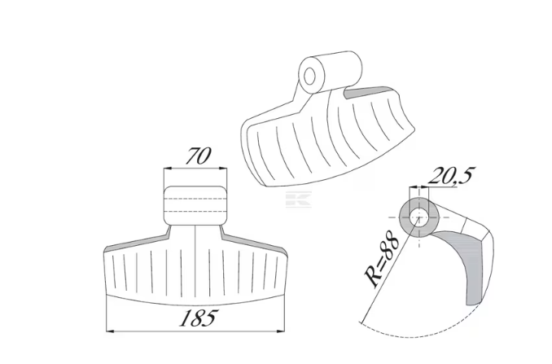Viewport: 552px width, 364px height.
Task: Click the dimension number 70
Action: [x=199, y=156]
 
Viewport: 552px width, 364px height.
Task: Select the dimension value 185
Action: [x=199, y=318]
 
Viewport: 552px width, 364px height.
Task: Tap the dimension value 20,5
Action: [x=451, y=175]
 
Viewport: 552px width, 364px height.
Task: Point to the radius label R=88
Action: [x=382, y=258]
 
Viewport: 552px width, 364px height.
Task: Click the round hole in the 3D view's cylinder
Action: [x=309, y=77]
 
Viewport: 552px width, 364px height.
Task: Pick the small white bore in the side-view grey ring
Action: [x=418, y=217]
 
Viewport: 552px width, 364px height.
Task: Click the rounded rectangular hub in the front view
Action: [x=195, y=205]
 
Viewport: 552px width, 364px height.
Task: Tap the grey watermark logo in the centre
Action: [x=299, y=199]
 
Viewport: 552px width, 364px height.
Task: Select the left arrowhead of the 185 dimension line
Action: [x=110, y=331]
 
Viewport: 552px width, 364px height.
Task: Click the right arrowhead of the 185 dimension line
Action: [x=281, y=331]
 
